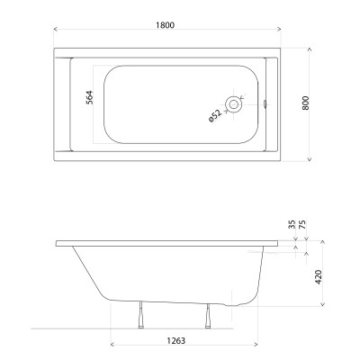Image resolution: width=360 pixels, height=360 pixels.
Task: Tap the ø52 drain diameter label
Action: click(x=214, y=113)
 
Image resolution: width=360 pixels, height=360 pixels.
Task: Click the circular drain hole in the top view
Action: click(x=235, y=103)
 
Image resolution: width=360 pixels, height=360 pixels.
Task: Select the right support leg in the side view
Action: click(x=208, y=316)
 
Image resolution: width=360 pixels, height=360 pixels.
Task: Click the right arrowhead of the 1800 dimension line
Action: click(x=280, y=32)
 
